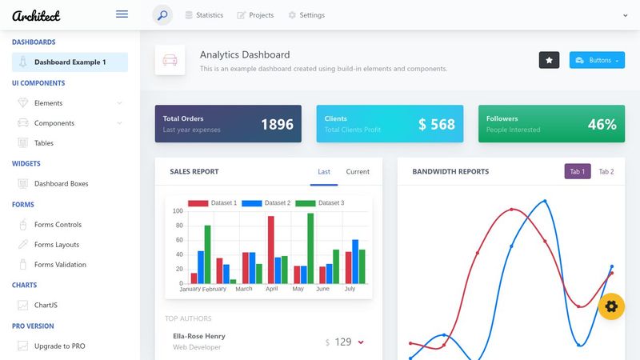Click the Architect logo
click(36, 15)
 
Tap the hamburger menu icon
click(122, 14)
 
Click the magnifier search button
click(162, 15)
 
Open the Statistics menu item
click(204, 15)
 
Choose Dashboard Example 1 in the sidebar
click(70, 62)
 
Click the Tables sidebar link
click(44, 143)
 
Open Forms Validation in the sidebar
click(60, 265)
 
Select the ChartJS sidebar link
click(46, 305)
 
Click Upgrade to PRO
click(59, 346)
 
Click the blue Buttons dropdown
click(597, 60)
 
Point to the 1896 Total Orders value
click(277, 124)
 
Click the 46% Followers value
click(602, 124)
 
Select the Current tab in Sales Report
click(358, 172)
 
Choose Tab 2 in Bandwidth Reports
click(606, 172)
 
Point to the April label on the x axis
click(272, 289)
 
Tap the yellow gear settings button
click(611, 306)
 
